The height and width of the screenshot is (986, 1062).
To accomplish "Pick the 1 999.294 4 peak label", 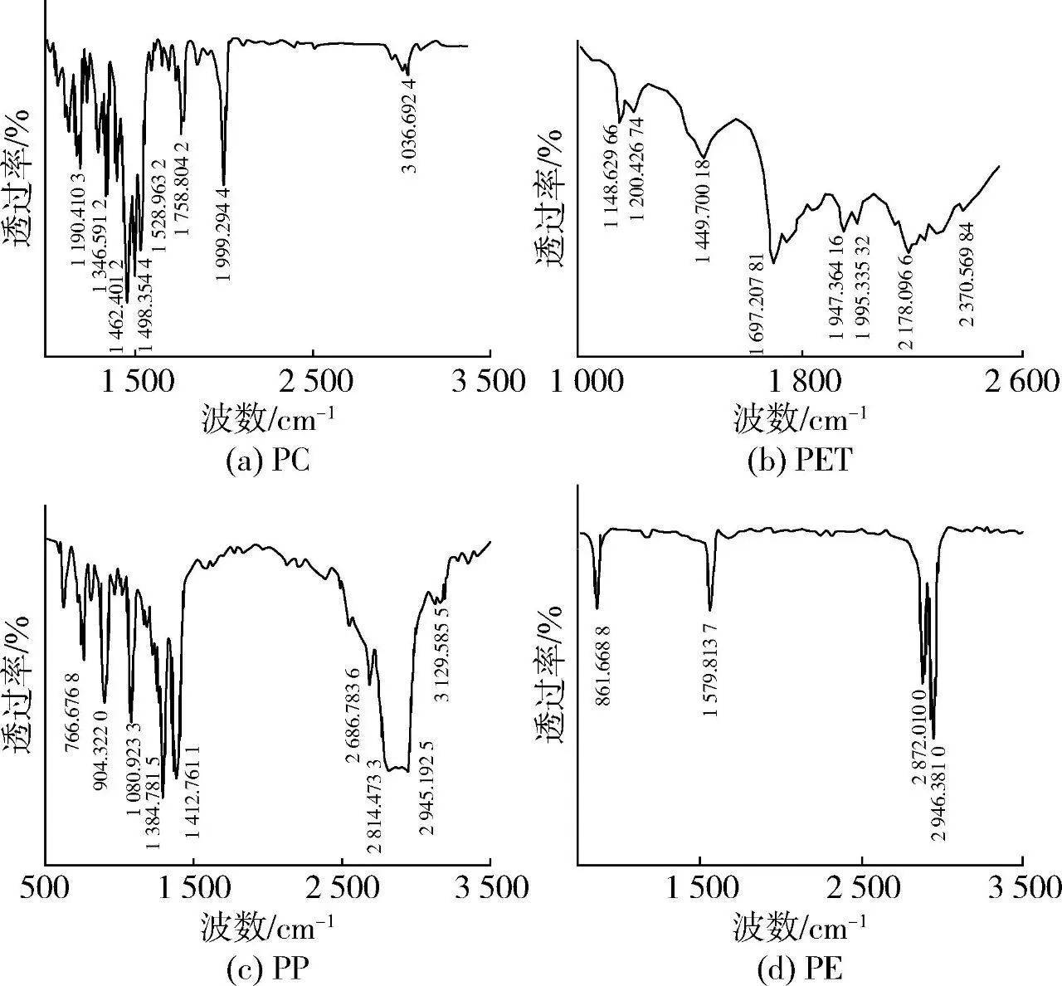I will pos(223,234).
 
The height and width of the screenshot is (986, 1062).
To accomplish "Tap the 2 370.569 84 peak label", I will pos(967,274).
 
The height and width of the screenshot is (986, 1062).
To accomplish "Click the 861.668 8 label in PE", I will pos(604,654).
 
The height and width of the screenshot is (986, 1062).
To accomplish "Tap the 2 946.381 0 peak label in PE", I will pos(938,793).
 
